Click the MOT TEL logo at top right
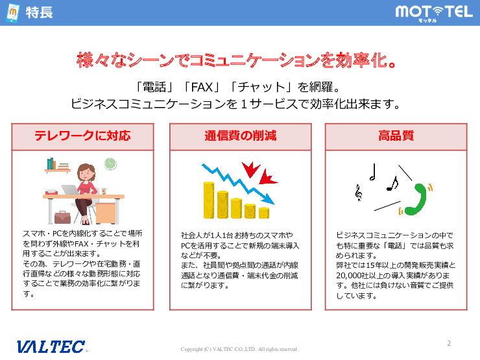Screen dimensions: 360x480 [x=433, y=12]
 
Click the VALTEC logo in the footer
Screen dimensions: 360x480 [x=51, y=346]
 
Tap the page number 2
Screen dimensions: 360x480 [x=449, y=343]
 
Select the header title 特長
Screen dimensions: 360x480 [x=39, y=13]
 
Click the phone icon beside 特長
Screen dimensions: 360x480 [x=12, y=13]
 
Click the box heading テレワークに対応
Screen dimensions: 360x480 [x=82, y=136]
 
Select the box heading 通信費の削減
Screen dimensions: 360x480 [x=240, y=136]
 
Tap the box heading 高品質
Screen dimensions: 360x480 [x=396, y=136]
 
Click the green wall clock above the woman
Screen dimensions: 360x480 [x=110, y=163]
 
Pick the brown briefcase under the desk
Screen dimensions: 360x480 [x=62, y=217]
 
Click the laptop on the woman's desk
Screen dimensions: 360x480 [x=69, y=189]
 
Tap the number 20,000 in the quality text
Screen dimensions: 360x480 [x=353, y=275]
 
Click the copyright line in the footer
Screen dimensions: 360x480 [x=240, y=349]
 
